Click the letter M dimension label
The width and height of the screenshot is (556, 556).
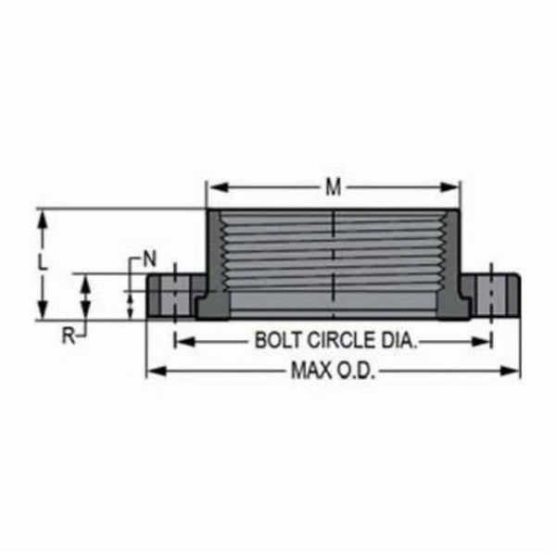point(333,187)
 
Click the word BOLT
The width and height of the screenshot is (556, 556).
point(276,340)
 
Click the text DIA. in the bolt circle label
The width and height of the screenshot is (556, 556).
point(398,340)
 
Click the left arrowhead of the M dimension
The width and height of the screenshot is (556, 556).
point(211,187)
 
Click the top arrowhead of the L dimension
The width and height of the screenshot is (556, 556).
point(42,215)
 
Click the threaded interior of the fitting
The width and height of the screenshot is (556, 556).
point(334,255)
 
